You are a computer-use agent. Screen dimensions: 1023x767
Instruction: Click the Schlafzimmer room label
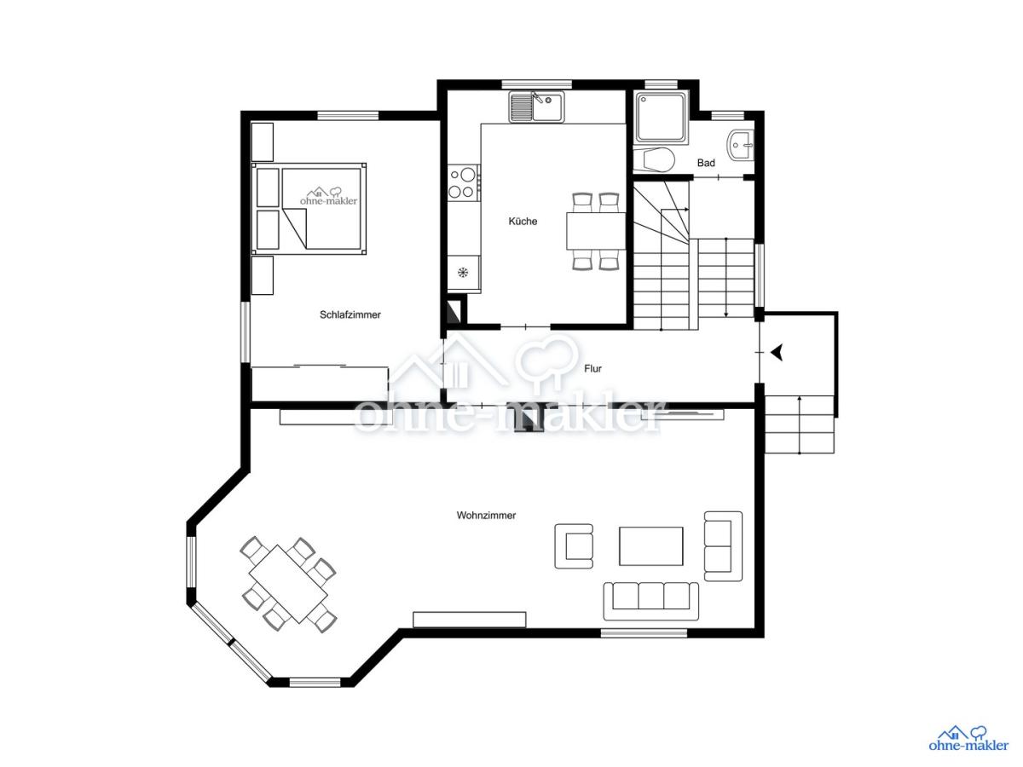(x=350, y=314)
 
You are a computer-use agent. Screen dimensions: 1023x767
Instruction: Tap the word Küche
(x=523, y=222)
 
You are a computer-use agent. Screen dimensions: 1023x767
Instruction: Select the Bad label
(x=706, y=163)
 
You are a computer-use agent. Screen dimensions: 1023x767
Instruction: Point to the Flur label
(x=592, y=369)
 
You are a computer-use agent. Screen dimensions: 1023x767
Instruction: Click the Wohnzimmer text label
(x=486, y=516)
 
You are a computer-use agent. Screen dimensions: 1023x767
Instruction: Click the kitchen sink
(x=536, y=107)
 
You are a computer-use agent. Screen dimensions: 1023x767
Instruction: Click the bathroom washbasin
(x=740, y=145)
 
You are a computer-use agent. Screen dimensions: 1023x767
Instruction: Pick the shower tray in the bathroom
(x=661, y=118)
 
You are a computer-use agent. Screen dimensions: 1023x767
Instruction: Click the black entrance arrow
(x=776, y=353)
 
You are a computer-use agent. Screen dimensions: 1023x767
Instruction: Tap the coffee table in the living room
(x=650, y=546)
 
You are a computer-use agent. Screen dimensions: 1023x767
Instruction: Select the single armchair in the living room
(x=573, y=546)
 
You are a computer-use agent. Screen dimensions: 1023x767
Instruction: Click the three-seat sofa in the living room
(x=650, y=601)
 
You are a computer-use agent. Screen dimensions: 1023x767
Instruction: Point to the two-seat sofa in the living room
(x=723, y=546)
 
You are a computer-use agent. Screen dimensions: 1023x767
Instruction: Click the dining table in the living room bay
(x=288, y=584)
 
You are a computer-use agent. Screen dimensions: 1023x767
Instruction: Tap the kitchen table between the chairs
(x=596, y=231)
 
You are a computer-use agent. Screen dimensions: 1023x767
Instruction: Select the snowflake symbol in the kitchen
(x=462, y=273)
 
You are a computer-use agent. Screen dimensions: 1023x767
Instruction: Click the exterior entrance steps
(x=799, y=424)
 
